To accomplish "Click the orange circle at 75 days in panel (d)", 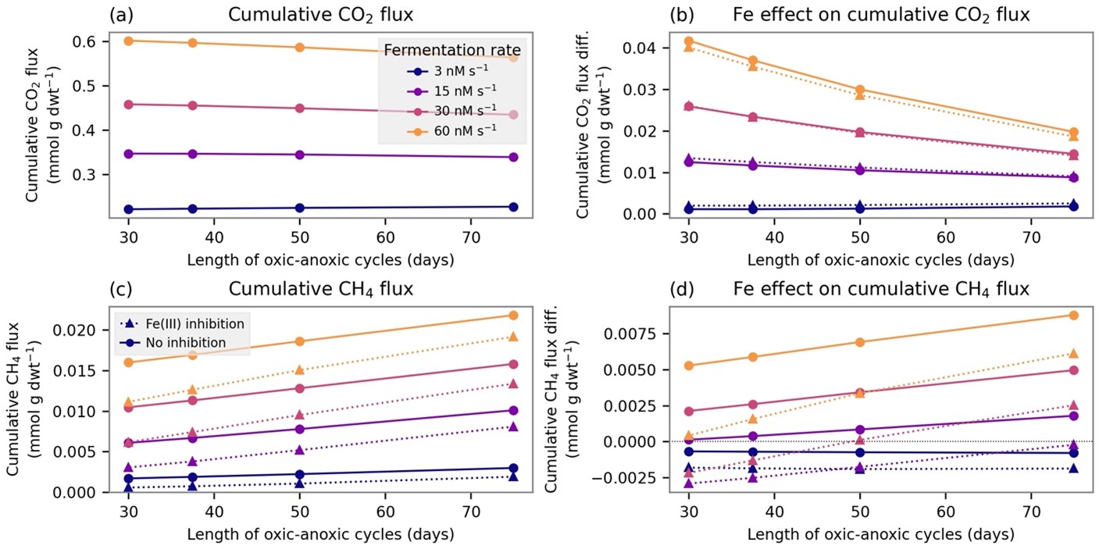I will [x=1073, y=315].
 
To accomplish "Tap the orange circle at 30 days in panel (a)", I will [x=128, y=41].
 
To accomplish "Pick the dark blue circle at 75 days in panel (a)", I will [x=512, y=207].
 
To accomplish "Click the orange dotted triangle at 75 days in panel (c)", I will [x=512, y=337].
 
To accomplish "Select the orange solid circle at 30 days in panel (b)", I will [x=689, y=41].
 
